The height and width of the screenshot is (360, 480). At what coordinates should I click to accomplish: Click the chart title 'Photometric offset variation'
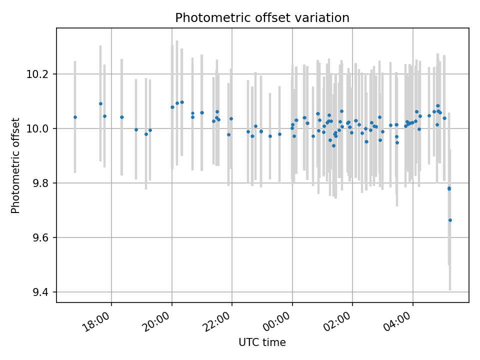(262, 18)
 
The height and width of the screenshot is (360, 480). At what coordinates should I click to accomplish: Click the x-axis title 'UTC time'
(262, 342)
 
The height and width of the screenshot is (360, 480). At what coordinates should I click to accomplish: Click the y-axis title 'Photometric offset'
(15, 165)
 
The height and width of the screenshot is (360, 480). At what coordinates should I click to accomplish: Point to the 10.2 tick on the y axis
(39, 74)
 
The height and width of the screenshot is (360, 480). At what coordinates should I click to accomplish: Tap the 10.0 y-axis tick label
(39, 128)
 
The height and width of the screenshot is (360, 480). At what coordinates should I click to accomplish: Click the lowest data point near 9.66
(450, 220)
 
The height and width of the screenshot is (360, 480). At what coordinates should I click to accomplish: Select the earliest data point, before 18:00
(75, 117)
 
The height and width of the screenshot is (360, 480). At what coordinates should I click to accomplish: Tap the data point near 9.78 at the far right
(449, 188)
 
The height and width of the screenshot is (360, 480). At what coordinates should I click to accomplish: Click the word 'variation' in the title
(325, 18)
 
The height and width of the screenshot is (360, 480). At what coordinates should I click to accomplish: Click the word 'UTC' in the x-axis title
(248, 342)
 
